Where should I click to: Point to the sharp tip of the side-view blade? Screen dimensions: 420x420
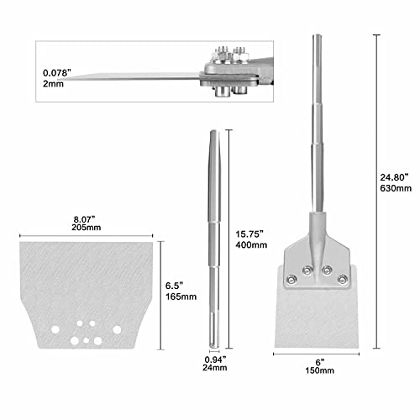[x=76, y=79]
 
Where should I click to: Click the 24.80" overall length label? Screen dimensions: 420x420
[x=395, y=177]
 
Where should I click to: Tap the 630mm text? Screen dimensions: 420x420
[x=395, y=190]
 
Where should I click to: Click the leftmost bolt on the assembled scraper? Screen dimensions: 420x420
[x=291, y=280]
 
